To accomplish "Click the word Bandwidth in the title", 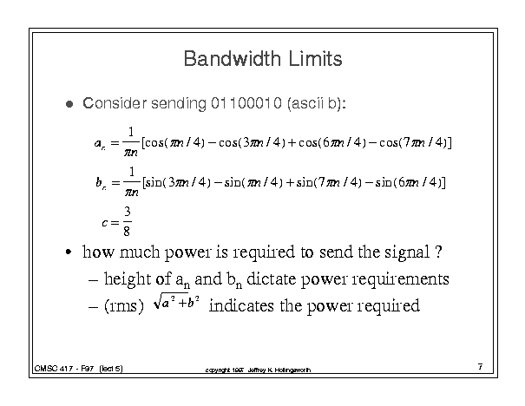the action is (x=232, y=59).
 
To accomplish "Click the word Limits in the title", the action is (x=315, y=59).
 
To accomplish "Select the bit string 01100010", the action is (x=246, y=103).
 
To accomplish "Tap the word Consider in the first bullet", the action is (x=115, y=103).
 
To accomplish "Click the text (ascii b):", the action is (x=317, y=103).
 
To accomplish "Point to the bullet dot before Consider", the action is (x=69, y=104).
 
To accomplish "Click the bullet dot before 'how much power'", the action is (x=69, y=252).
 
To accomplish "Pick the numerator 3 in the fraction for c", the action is (x=128, y=212).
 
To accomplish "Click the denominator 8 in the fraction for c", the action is (x=127, y=231).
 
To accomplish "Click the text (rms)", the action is (x=124, y=306).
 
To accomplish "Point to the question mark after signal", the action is (x=438, y=252).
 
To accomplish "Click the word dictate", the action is (x=272, y=278).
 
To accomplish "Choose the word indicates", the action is (x=241, y=305).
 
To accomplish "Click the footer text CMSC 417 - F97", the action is (x=64, y=369).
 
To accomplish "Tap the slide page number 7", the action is (x=480, y=367).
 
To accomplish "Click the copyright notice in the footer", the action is (x=258, y=370).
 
